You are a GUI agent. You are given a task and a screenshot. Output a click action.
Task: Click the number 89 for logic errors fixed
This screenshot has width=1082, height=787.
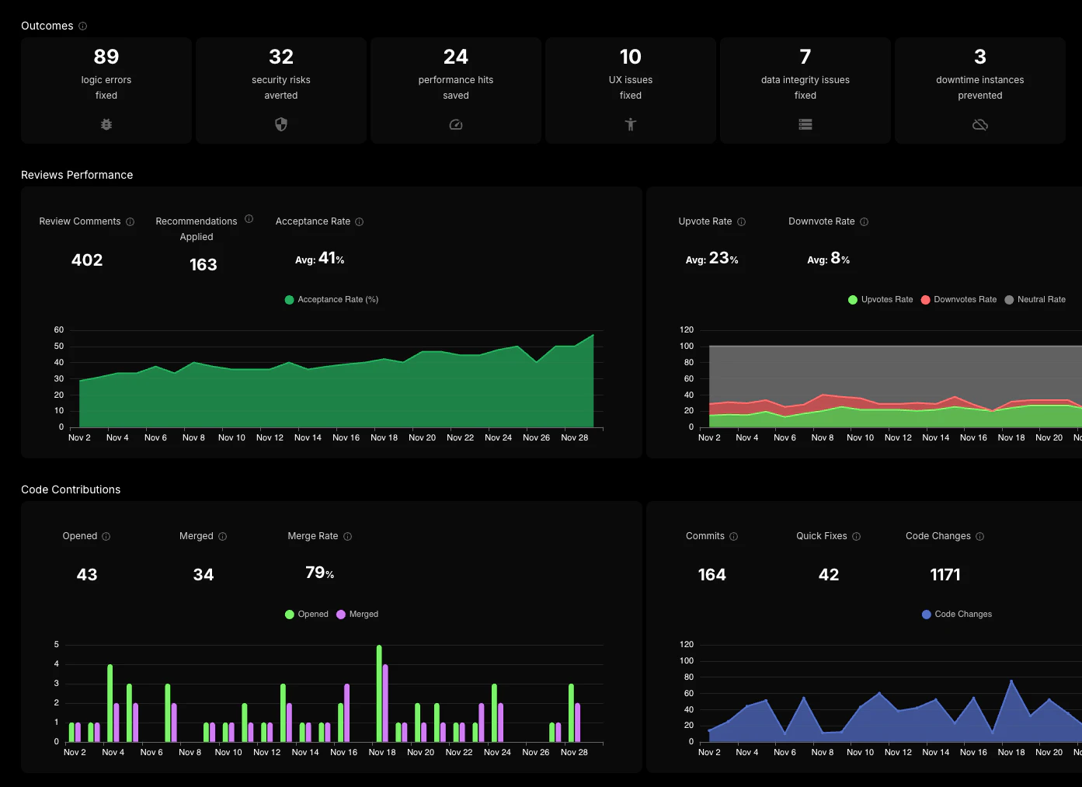(x=106, y=57)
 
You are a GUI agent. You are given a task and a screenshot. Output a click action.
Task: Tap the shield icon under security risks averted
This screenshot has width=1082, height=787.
(x=281, y=124)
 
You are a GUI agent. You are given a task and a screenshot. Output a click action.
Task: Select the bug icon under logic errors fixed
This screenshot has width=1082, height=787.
(x=106, y=124)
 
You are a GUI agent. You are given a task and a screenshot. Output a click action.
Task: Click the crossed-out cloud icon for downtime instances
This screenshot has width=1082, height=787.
(x=980, y=124)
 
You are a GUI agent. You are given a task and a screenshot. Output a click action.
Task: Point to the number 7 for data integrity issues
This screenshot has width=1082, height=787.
(x=805, y=57)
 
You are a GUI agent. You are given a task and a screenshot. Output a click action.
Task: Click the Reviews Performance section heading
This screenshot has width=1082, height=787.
(x=77, y=175)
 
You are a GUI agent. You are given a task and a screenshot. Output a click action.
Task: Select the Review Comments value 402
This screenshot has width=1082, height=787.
(x=87, y=260)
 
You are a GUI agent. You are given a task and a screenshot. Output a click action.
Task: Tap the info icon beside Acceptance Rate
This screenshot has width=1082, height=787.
(x=359, y=222)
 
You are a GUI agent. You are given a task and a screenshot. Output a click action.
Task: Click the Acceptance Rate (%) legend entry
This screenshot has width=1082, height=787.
(x=332, y=300)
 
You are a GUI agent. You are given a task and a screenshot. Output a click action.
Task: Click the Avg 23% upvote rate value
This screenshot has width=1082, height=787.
(x=712, y=259)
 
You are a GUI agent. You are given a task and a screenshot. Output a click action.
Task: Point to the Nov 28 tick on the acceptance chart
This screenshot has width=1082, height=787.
(x=575, y=437)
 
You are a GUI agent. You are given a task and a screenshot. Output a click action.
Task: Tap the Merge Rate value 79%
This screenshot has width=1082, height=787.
(x=320, y=573)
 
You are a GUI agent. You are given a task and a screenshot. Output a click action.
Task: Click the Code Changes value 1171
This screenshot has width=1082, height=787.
(x=945, y=575)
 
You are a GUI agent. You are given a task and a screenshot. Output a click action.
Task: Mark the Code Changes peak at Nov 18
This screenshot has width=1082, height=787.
(x=1011, y=681)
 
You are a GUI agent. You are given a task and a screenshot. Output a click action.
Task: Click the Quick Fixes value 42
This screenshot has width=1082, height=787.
(x=829, y=575)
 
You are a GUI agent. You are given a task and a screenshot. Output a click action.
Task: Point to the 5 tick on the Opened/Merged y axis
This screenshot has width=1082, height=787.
(x=57, y=645)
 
